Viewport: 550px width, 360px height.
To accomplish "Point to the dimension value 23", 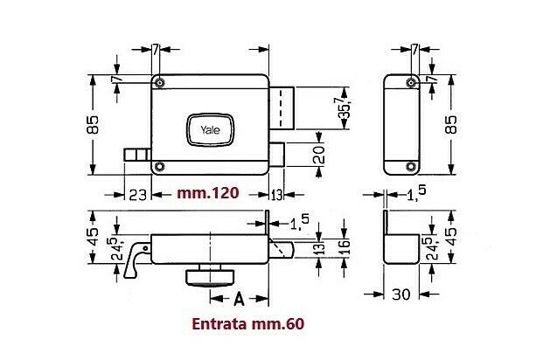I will point(136,193).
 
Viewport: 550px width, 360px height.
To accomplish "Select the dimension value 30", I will point(401,295).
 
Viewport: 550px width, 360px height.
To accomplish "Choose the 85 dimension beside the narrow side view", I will point(452,124).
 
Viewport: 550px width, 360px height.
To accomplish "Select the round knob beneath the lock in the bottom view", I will point(210,277).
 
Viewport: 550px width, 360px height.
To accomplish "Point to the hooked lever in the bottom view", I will point(136,260).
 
